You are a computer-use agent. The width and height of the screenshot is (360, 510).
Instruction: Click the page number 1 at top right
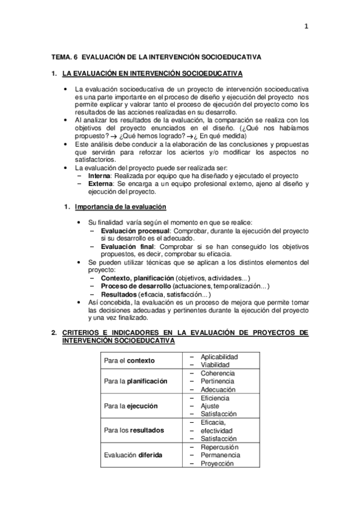click(x=306, y=26)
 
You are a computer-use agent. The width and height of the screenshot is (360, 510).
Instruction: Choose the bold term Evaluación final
click(x=124, y=247)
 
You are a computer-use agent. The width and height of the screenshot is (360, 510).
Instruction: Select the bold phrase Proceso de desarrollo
click(x=136, y=286)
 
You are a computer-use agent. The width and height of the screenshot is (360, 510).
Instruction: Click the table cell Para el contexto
click(x=129, y=360)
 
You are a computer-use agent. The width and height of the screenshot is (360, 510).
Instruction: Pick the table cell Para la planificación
click(x=135, y=381)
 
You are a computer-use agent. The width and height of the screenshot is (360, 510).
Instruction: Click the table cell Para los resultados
click(x=133, y=431)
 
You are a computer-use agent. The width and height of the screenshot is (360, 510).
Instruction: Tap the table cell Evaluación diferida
click(x=133, y=455)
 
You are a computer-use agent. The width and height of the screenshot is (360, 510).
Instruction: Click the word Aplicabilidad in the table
click(x=219, y=357)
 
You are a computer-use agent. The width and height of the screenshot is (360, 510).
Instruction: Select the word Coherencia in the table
click(x=218, y=373)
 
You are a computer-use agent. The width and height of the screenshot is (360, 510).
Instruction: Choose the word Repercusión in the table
click(x=219, y=447)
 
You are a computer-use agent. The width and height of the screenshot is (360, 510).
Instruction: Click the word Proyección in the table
click(x=217, y=464)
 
